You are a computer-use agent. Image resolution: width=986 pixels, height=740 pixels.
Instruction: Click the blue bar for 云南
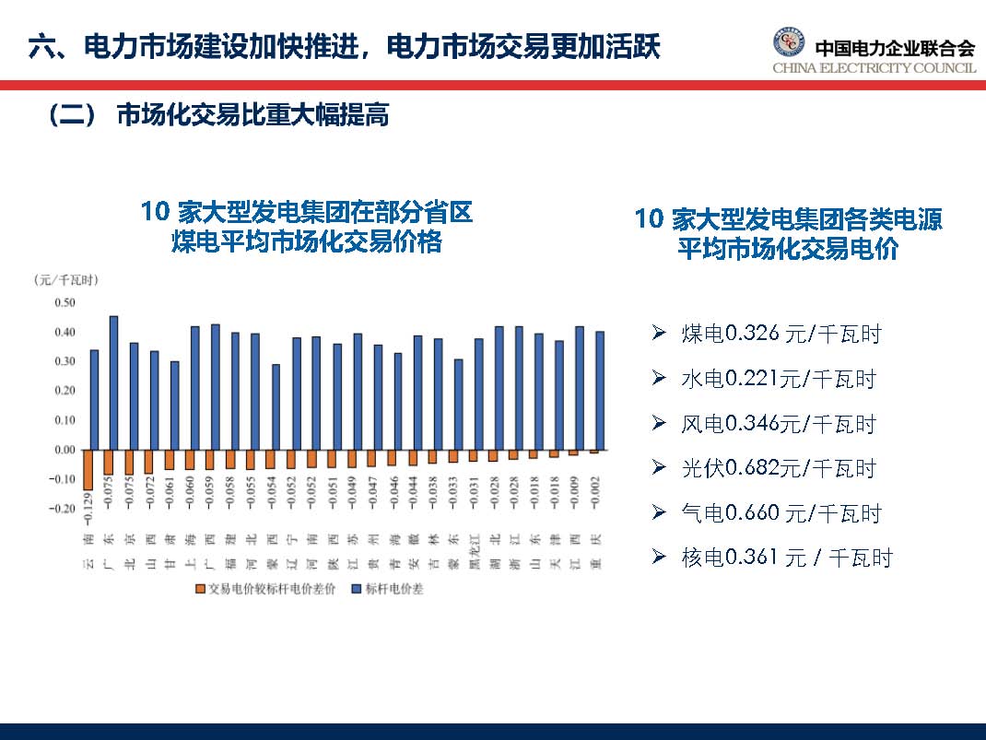coord(94,399)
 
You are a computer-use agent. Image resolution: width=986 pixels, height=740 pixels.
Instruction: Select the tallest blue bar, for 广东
coord(113,382)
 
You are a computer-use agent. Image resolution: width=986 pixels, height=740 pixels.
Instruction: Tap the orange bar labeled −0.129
coord(88,469)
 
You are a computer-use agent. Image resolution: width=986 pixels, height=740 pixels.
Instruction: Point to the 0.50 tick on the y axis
coord(64,302)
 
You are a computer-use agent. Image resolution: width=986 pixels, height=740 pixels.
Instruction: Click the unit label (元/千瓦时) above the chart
coord(65,279)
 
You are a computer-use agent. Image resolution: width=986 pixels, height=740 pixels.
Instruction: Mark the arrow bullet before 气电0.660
coord(658,511)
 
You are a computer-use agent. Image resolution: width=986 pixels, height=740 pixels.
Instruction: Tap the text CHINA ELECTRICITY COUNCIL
coord(874,68)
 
